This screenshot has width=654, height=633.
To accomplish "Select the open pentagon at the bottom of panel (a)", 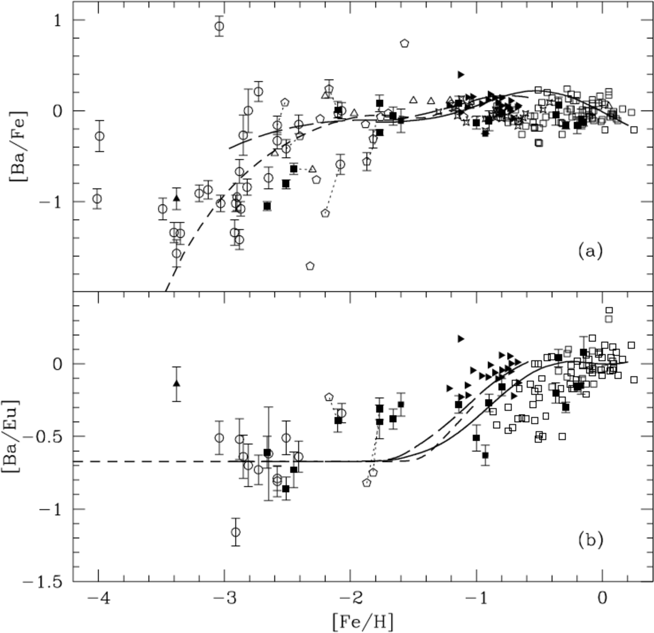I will pyautogui.click(x=310, y=266).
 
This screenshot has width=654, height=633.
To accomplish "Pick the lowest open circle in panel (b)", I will pyautogui.click(x=236, y=532).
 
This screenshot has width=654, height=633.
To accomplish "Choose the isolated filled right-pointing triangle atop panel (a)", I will pyautogui.click(x=461, y=74).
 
